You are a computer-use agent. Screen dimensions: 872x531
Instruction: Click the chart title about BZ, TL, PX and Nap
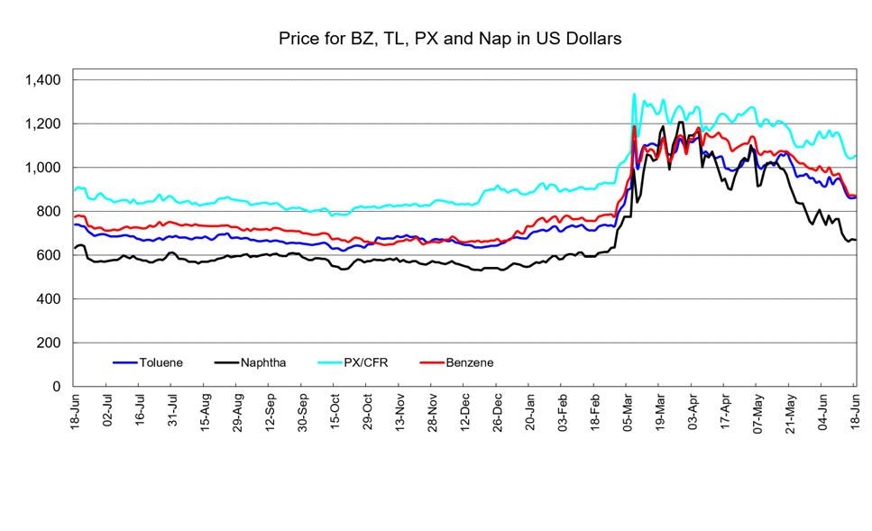[450, 39]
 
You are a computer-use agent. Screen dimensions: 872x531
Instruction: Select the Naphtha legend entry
[251, 362]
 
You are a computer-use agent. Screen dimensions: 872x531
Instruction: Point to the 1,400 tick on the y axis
[42, 80]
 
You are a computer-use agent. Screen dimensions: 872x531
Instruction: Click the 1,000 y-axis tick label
[42, 168]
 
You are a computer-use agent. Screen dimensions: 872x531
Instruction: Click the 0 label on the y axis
[57, 387]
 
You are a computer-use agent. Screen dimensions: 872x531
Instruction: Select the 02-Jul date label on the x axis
[107, 410]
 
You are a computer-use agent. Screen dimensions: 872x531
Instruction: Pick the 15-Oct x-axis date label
[335, 410]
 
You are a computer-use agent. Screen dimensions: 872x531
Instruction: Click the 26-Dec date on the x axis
[497, 410]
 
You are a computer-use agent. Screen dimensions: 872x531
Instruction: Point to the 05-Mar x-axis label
[628, 410]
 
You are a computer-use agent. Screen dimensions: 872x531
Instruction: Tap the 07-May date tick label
[757, 411]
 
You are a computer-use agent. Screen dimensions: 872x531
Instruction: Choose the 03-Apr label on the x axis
[693, 410]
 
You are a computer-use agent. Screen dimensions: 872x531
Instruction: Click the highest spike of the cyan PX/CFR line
[634, 94]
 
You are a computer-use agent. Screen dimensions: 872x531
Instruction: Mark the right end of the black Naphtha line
[855, 240]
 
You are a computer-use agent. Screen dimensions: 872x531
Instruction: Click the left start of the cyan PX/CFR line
[75, 190]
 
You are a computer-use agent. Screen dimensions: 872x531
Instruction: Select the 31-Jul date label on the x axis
[172, 410]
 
